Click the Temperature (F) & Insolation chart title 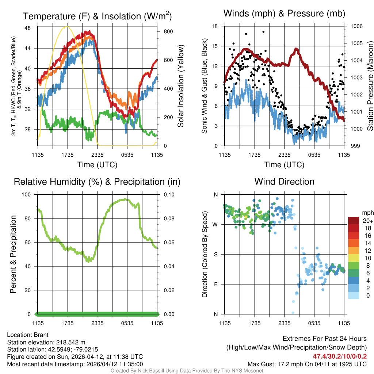tap(97, 16)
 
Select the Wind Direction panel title tap(284, 182)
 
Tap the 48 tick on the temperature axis tap(28, 28)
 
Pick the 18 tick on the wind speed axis tap(215, 26)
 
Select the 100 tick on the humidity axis tap(27, 195)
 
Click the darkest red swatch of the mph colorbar tap(354, 221)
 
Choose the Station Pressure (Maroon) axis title tap(370, 86)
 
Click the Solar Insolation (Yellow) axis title tap(181, 86)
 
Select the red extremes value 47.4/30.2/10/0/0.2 tap(340, 356)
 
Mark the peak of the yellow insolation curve tap(66, 27)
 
